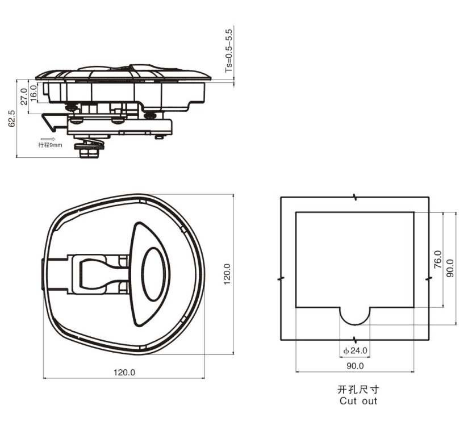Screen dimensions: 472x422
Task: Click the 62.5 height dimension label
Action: click(11, 118)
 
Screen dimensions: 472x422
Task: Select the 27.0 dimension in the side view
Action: click(24, 97)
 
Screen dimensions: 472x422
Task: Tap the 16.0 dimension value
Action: click(34, 93)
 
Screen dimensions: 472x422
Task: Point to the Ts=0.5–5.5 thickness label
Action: click(229, 51)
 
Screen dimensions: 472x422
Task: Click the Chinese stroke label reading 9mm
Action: click(51, 145)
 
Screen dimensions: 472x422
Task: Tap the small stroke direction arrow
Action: click(48, 139)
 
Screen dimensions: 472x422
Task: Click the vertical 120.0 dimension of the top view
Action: click(227, 274)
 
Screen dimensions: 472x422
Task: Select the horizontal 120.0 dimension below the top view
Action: click(124, 373)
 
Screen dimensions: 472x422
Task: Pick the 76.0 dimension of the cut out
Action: click(438, 259)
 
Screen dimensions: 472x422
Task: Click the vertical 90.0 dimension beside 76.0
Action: click(450, 268)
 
